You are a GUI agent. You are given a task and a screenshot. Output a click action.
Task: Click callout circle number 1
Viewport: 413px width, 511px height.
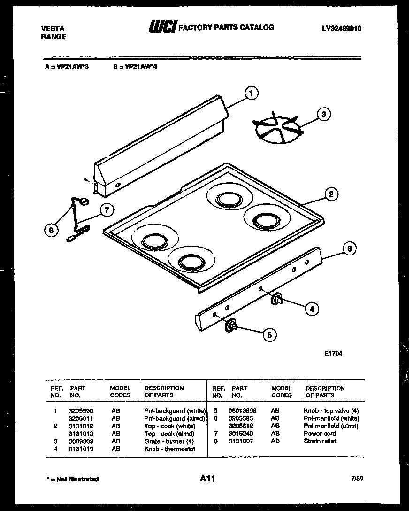[252, 93]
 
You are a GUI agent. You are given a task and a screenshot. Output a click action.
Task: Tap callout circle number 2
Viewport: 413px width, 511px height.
[331, 194]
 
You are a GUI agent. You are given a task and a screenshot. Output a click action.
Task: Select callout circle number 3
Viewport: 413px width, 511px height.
[323, 114]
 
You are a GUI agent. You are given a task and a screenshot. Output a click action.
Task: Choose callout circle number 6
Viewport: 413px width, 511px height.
[349, 248]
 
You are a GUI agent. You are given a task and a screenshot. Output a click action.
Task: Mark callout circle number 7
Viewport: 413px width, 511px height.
[107, 210]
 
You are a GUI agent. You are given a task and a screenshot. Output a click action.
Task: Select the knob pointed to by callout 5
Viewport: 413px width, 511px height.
[231, 326]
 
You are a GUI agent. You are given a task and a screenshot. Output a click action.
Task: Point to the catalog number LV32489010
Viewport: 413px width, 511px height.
[342, 28]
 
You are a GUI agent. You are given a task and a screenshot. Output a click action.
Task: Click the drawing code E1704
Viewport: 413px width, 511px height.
[332, 354]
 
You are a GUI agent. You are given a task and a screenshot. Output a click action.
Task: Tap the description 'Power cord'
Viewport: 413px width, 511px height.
[320, 434]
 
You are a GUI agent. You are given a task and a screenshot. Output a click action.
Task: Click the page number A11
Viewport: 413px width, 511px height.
[207, 479]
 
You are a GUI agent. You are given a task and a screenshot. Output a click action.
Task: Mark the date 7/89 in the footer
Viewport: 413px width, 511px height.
[357, 479]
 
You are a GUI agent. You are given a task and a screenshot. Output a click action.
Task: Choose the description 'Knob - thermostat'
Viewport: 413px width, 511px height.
[169, 449]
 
